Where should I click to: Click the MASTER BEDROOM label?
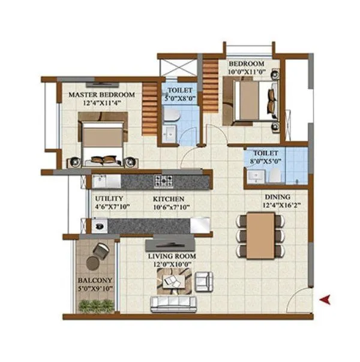pos(100,95)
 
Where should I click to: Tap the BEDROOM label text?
pos(246,64)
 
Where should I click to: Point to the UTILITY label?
pos(109,198)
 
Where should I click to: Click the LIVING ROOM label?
pos(172,256)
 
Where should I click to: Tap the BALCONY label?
pos(94,280)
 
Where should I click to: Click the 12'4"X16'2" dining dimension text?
pos(278,205)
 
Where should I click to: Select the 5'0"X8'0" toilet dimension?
pos(179,98)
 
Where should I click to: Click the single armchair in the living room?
pos(203,279)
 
